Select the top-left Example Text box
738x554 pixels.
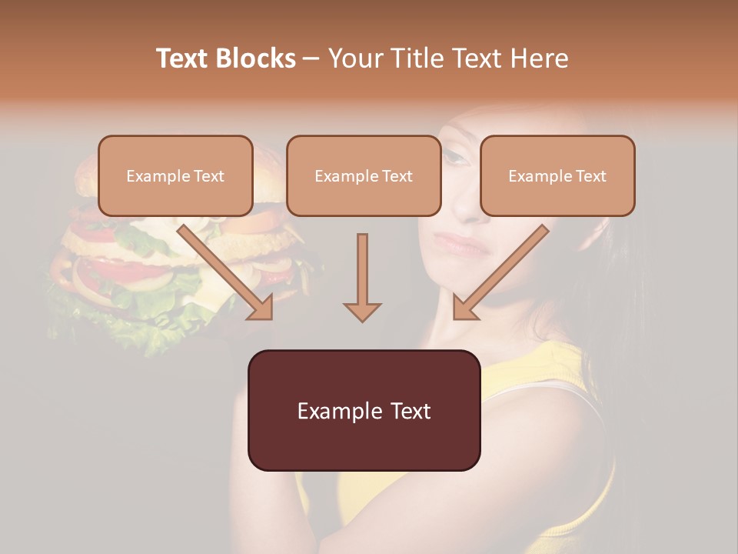click(x=175, y=175)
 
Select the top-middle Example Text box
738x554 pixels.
click(x=364, y=175)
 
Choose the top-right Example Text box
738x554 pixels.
click(x=557, y=175)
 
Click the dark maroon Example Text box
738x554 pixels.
click(x=364, y=410)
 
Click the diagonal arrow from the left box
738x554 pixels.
click(x=225, y=272)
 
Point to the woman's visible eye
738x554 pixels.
click(x=455, y=158)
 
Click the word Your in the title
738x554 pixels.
click(x=355, y=58)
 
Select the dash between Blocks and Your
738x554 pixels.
click(x=311, y=58)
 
